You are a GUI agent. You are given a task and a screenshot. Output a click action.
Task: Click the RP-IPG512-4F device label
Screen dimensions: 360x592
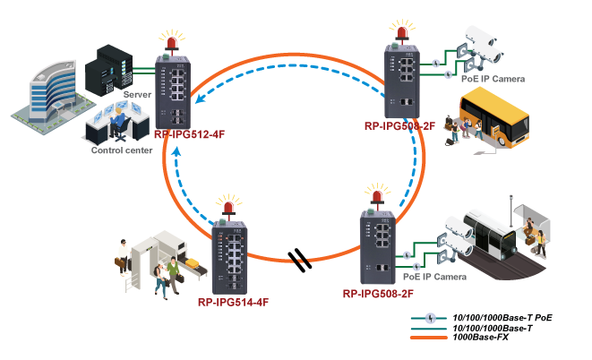pos(189,134)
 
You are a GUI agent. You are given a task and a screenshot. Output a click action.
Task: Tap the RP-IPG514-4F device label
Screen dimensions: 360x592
pos(233,302)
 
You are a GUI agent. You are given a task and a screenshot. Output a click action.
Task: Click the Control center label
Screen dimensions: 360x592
pos(120,150)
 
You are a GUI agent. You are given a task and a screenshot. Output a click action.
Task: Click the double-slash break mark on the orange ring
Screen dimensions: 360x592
pos(303,261)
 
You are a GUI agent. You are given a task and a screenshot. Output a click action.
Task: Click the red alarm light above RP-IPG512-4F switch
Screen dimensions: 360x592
pos(168,39)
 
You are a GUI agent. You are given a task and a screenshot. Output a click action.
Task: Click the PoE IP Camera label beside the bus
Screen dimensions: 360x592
pos(493,79)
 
